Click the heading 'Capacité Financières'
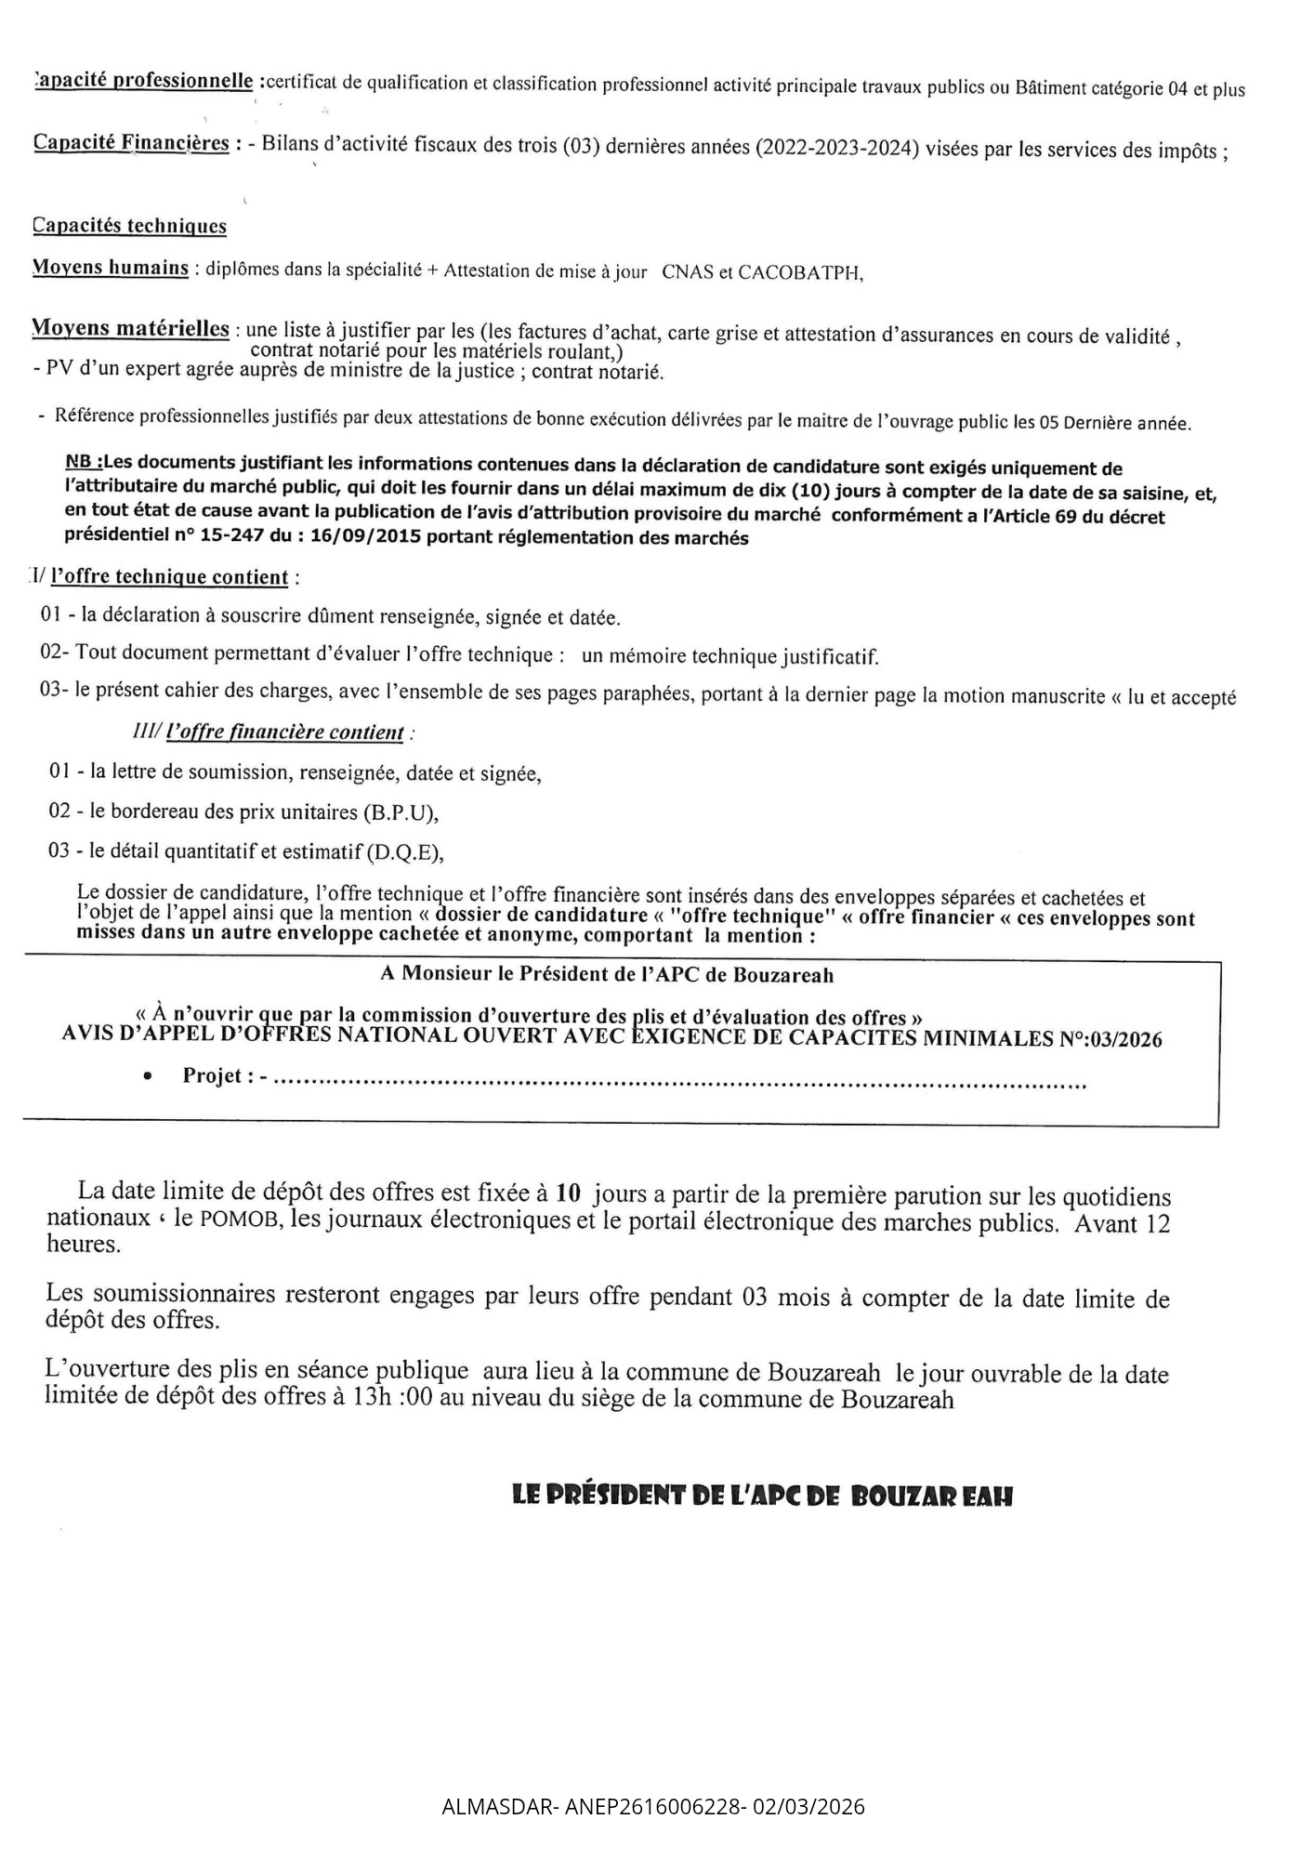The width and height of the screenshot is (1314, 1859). [x=131, y=143]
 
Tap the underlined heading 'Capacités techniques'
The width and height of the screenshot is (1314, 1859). [x=129, y=226]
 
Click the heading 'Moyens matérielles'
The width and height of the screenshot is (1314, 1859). [x=131, y=328]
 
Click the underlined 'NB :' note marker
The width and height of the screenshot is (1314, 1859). [x=85, y=462]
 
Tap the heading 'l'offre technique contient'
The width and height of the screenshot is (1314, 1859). [x=169, y=577]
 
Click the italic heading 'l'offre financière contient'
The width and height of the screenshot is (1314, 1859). [x=284, y=732]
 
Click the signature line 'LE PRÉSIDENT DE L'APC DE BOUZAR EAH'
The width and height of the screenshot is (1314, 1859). [x=762, y=1496]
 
